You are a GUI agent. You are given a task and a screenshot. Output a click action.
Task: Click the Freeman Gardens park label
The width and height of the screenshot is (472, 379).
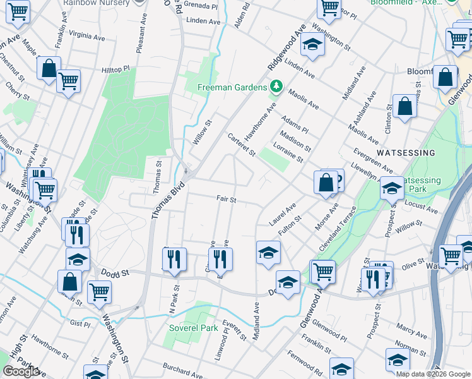click(x=232, y=87)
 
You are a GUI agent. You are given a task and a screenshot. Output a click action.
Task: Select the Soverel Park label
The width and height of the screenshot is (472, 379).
click(x=193, y=328)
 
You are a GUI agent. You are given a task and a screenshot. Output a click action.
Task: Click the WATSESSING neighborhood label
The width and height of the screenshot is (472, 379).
click(x=406, y=153)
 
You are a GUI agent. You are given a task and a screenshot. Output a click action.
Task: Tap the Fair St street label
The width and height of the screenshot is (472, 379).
click(x=226, y=199)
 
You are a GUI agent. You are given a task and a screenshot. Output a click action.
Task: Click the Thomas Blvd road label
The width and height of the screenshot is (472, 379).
click(x=161, y=196)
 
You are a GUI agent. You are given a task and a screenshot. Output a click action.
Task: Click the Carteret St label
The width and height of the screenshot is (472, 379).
click(x=242, y=145)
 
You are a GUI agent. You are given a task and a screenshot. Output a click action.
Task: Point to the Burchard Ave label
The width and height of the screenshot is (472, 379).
click(x=182, y=370)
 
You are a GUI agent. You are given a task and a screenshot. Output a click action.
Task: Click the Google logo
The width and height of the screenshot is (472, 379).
click(x=21, y=371)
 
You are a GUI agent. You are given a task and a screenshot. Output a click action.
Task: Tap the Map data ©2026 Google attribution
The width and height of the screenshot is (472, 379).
click(x=433, y=374)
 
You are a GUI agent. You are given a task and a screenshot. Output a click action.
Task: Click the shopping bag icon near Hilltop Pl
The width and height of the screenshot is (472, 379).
click(x=49, y=68)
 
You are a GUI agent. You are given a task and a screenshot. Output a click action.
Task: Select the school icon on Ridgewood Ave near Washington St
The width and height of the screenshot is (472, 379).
click(x=312, y=45)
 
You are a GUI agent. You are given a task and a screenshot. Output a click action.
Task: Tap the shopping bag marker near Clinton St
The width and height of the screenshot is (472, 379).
click(x=404, y=106)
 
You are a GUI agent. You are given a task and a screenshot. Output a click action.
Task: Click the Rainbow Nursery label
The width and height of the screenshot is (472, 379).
click(x=96, y=3)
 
